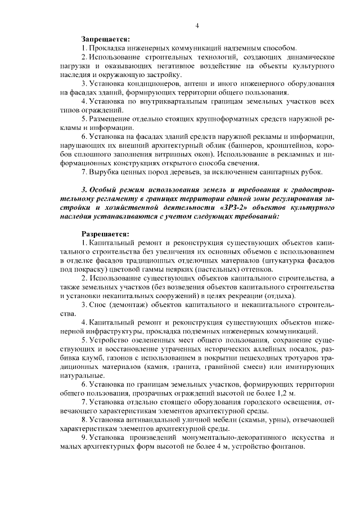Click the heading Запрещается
[105, 39]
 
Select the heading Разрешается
[105, 233]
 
